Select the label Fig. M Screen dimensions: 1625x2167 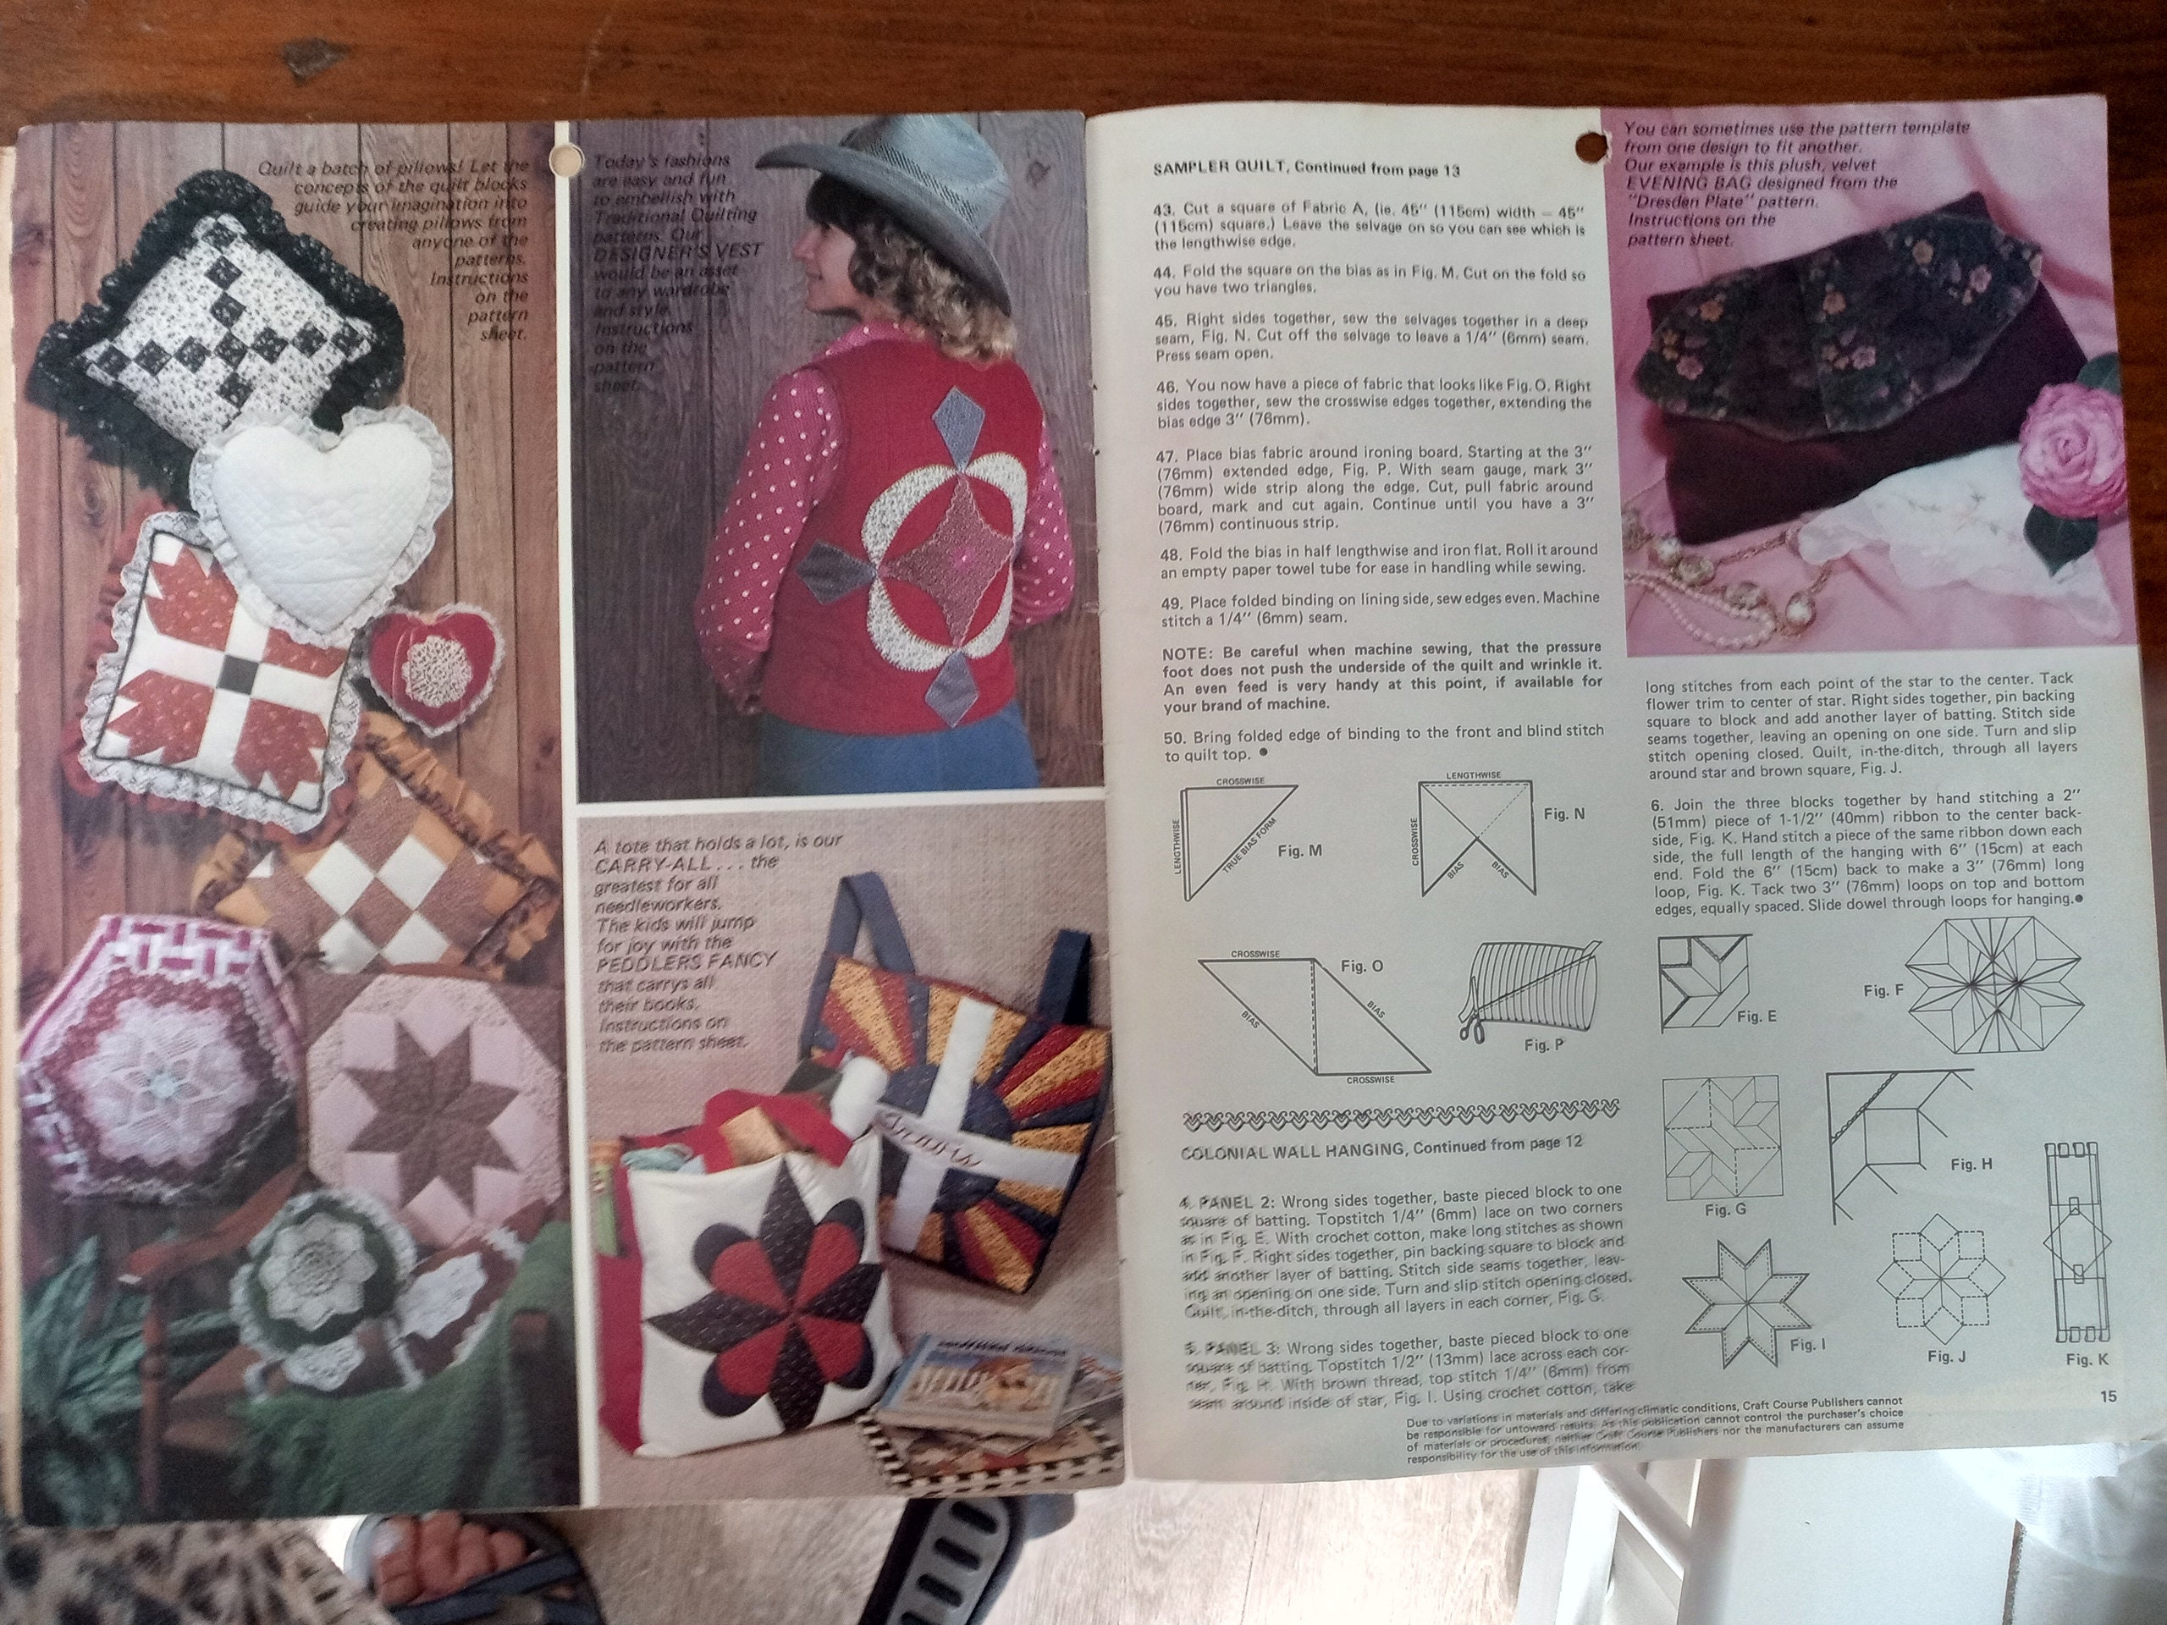1300,851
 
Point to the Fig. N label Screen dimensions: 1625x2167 1563,814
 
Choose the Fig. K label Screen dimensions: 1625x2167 2087,1358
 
